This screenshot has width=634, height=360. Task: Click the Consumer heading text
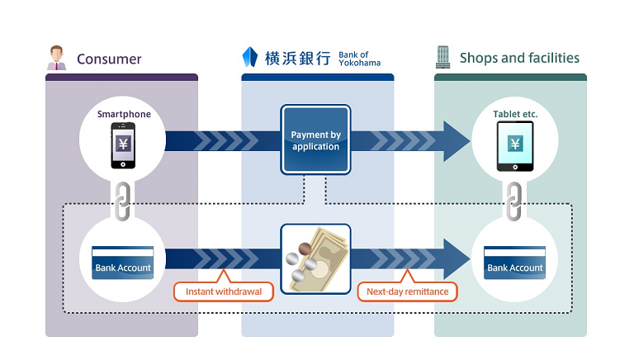click(109, 59)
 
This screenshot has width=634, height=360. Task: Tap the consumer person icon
click(56, 57)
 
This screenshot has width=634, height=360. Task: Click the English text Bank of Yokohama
click(360, 59)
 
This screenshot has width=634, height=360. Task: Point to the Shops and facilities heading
click(519, 58)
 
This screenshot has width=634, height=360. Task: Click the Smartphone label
click(124, 114)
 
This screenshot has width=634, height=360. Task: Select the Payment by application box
click(315, 140)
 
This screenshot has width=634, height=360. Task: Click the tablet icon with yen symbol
click(515, 146)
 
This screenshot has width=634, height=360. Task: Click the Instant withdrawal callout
click(223, 291)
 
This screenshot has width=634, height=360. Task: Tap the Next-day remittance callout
click(407, 291)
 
